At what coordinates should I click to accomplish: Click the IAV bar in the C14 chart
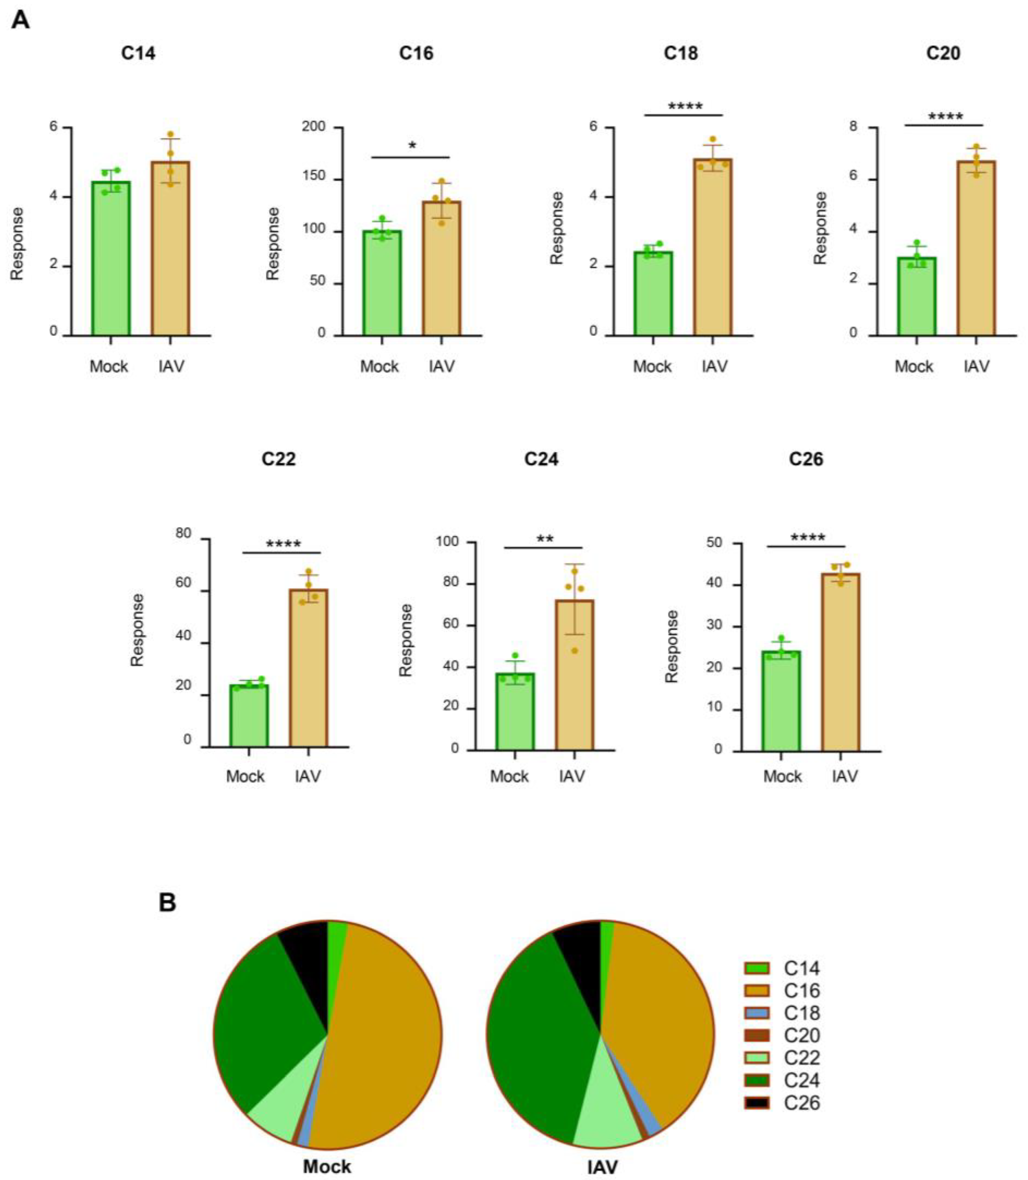click(170, 252)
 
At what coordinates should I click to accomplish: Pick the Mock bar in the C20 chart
click(917, 298)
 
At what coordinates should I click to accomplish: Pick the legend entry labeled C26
click(801, 1103)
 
